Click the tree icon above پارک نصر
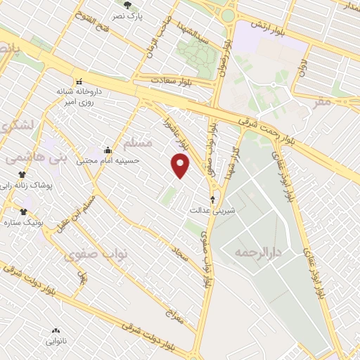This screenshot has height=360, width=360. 127,5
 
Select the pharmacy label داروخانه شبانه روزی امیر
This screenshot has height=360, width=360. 79,96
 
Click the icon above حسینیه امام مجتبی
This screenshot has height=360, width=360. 107,150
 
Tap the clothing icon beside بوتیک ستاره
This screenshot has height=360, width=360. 24,212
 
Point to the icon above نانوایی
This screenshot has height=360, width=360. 56,330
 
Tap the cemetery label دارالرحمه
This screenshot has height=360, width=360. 258,252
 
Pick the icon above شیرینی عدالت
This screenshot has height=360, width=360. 213,199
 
